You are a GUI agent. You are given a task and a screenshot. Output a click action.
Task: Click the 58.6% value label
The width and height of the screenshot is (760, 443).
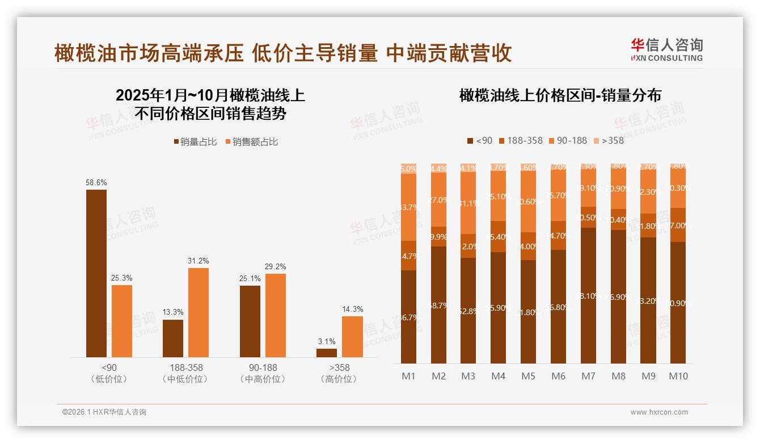(96, 183)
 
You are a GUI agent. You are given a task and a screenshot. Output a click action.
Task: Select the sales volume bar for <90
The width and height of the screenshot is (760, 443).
(96, 273)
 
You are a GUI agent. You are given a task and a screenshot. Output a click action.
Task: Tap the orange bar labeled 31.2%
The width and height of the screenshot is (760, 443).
(199, 312)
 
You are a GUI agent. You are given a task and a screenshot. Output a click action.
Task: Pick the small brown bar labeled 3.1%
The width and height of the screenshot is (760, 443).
(327, 353)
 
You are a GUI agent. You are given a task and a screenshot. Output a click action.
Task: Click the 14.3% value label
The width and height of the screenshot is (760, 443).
(353, 309)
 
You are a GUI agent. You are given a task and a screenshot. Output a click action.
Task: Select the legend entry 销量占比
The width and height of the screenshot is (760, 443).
(195, 142)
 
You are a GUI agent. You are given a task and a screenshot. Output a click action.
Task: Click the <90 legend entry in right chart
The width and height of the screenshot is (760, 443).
(480, 140)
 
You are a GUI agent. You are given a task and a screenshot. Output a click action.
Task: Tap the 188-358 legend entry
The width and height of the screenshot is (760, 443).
(520, 140)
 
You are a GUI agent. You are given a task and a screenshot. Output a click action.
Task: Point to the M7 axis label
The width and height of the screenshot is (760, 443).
(589, 376)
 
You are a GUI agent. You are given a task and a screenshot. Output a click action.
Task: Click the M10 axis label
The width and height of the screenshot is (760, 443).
(678, 376)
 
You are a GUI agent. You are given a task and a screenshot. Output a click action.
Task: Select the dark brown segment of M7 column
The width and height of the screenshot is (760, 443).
(589, 295)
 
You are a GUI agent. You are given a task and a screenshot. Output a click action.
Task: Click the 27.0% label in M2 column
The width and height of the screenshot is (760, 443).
(438, 200)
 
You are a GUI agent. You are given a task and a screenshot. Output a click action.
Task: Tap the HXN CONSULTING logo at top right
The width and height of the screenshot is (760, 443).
(666, 49)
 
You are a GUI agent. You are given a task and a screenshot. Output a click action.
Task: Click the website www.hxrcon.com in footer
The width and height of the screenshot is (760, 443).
(659, 412)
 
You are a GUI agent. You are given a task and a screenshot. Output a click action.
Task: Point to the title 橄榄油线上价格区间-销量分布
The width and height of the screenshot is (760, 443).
(560, 95)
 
